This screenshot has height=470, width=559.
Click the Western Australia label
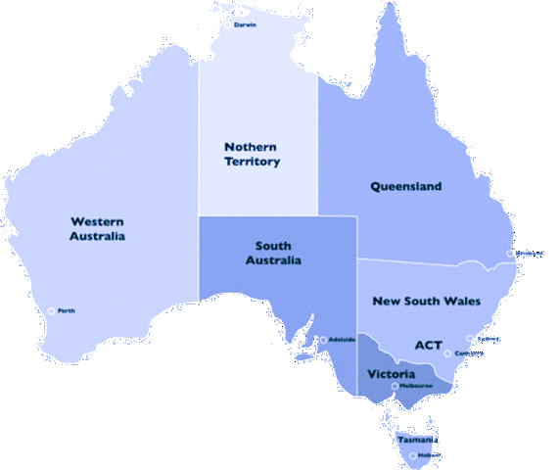(97, 228)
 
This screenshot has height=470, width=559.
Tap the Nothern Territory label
(252, 154)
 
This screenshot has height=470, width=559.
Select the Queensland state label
(405, 186)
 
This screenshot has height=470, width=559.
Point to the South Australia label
(278, 253)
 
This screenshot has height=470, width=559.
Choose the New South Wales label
(427, 301)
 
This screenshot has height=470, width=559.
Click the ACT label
(429, 345)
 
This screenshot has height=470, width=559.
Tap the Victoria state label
(392, 374)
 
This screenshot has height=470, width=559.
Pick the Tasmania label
(418, 440)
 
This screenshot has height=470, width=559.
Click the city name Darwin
(245, 24)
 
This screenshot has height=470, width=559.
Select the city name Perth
(67, 311)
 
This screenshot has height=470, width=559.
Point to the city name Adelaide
(343, 340)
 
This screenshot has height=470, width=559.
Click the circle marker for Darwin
(228, 24)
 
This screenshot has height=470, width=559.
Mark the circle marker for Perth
(52, 311)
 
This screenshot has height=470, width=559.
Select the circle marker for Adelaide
(324, 340)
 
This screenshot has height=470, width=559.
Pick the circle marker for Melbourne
(396, 386)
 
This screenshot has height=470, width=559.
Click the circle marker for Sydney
(470, 340)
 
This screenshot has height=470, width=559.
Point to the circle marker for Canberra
(447, 353)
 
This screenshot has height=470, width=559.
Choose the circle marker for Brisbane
(509, 254)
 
